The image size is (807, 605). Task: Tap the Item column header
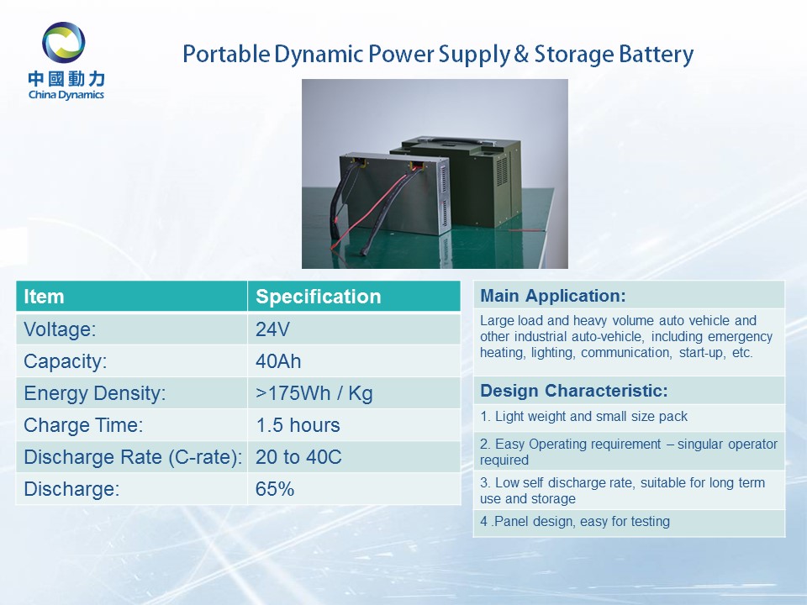click(x=45, y=297)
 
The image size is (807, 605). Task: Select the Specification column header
click(x=318, y=297)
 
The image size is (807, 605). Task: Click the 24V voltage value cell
click(x=272, y=329)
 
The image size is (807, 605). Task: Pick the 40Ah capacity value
click(x=278, y=361)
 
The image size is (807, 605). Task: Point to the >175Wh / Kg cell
click(x=314, y=393)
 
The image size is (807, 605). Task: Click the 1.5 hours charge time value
click(x=298, y=425)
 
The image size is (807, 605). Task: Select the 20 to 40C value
click(x=298, y=457)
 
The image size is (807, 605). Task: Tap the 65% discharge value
click(x=274, y=489)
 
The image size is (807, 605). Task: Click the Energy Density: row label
click(x=95, y=393)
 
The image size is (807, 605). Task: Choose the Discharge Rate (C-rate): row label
click(x=133, y=457)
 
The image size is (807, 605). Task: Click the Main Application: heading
click(x=553, y=296)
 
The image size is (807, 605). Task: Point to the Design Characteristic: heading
click(x=574, y=391)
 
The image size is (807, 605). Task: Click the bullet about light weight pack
click(x=583, y=416)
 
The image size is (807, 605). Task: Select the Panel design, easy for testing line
click(x=575, y=522)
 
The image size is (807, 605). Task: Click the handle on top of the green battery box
click(x=460, y=140)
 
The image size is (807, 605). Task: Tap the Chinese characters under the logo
click(x=66, y=79)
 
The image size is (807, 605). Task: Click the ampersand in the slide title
click(x=521, y=54)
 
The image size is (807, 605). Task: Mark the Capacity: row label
click(x=66, y=361)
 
